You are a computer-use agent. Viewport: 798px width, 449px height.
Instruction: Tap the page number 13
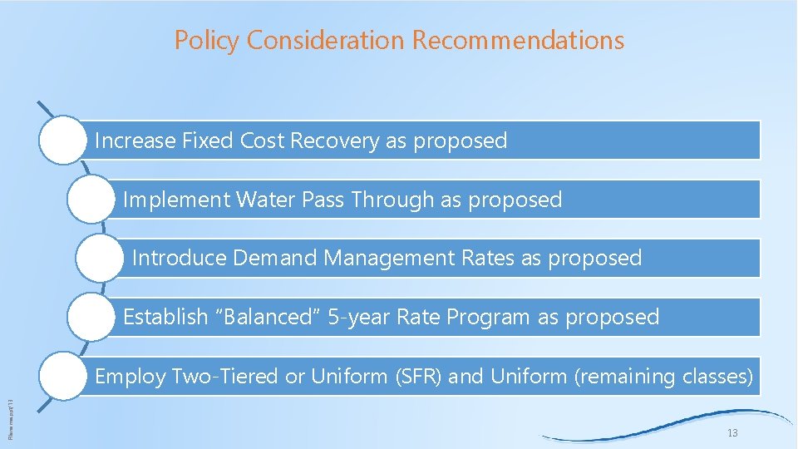pyautogui.click(x=731, y=433)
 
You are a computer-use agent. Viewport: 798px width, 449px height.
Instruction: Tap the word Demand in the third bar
pyautogui.click(x=275, y=259)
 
